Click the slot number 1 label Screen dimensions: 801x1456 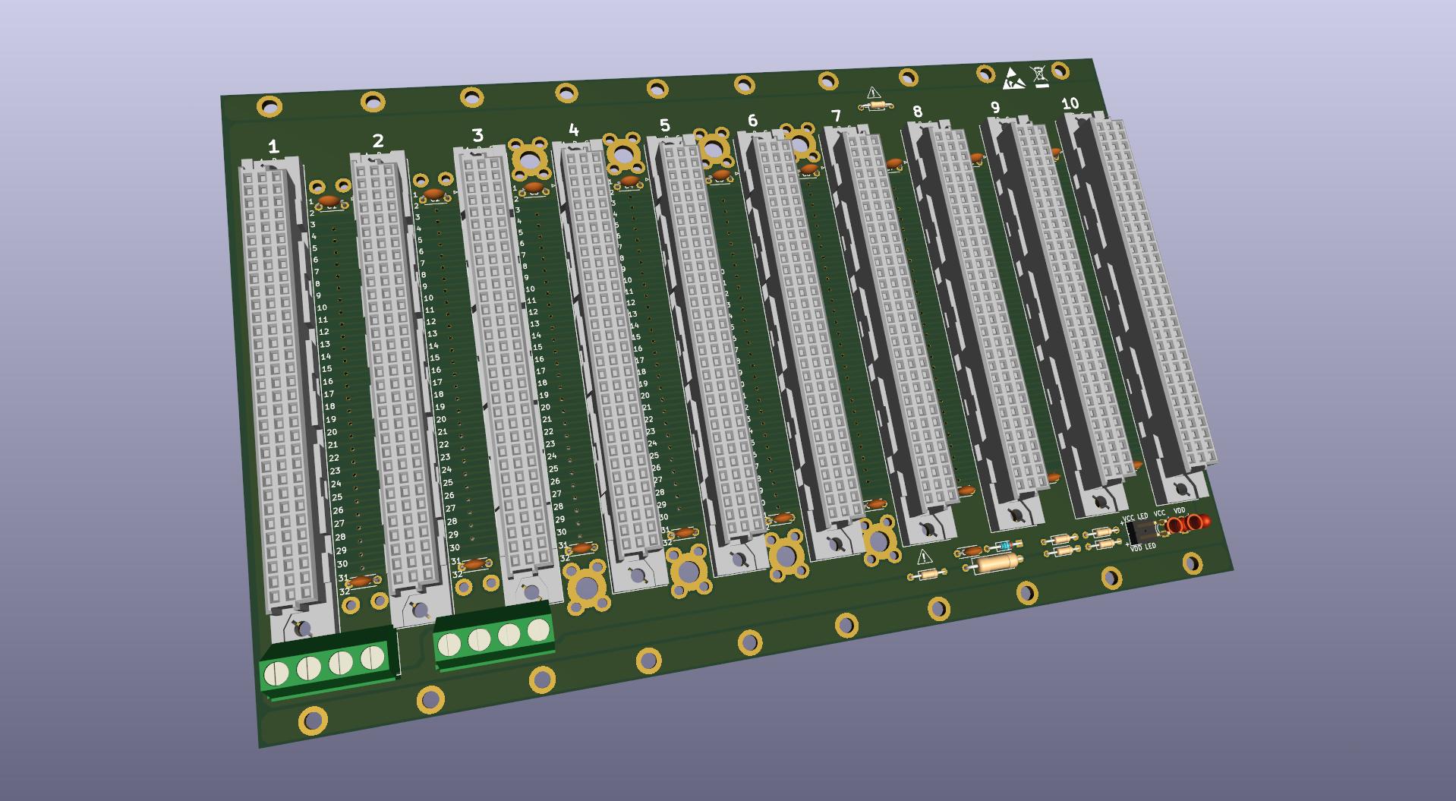click(x=273, y=147)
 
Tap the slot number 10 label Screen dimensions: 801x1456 click(x=1070, y=103)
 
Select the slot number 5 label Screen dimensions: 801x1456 click(x=665, y=125)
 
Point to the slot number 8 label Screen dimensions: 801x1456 click(x=917, y=112)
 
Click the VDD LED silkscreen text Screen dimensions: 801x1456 click(x=1142, y=547)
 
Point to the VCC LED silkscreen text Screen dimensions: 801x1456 click(x=1135, y=518)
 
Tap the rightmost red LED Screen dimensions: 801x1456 click(x=1197, y=522)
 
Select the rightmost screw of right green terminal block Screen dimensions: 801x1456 click(x=538, y=629)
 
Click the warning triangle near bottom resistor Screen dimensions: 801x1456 click(x=924, y=557)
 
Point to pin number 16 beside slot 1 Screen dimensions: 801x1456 click(x=327, y=382)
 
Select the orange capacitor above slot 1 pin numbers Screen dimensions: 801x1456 click(x=329, y=200)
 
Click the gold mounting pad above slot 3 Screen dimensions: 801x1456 click(x=528, y=159)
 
